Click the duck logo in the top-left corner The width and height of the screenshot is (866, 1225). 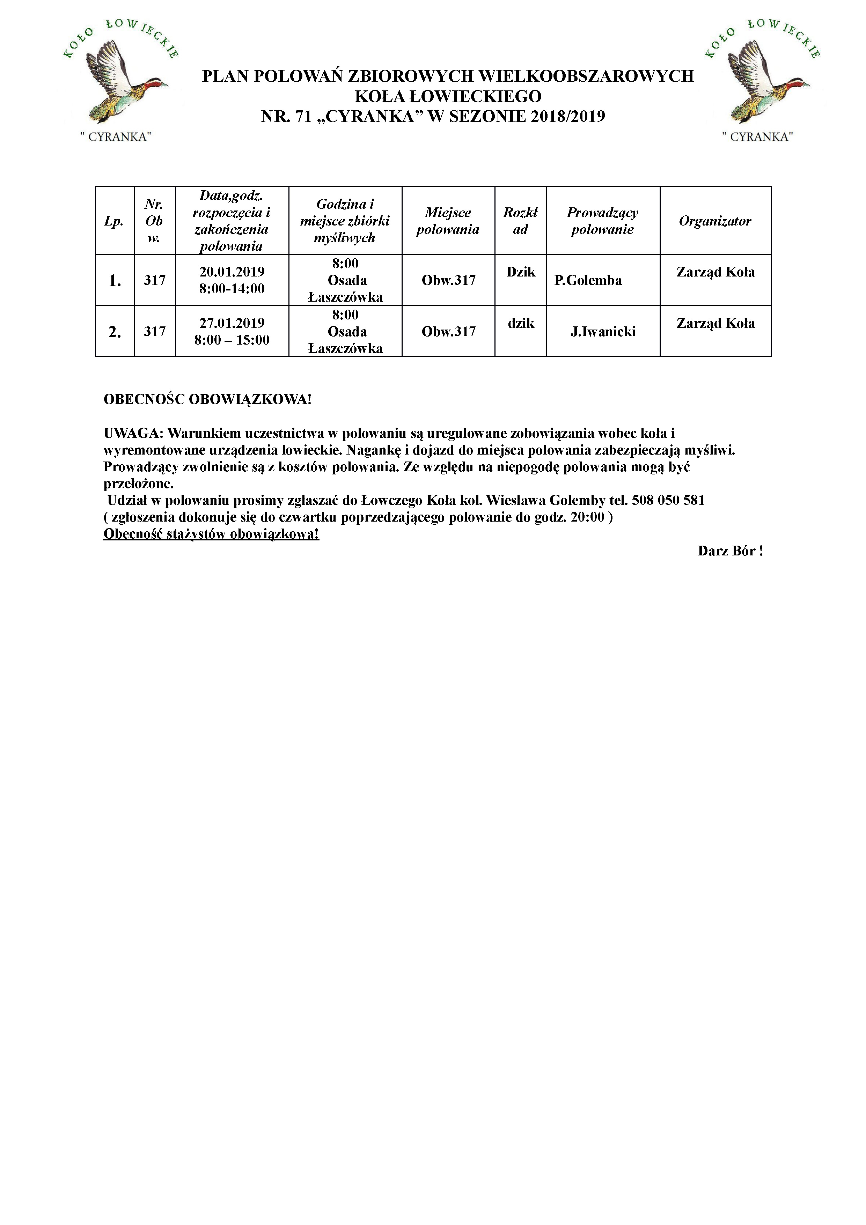click(x=120, y=80)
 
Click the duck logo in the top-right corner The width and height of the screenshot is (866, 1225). click(x=762, y=80)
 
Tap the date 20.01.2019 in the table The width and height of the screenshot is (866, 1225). click(x=232, y=272)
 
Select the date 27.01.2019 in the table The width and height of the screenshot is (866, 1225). click(x=232, y=323)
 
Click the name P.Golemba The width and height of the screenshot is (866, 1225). click(x=588, y=281)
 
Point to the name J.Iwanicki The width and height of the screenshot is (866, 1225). click(x=603, y=332)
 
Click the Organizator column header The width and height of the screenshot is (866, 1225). click(x=715, y=221)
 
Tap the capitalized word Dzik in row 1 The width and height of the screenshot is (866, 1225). click(x=521, y=272)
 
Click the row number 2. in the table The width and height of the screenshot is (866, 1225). click(x=115, y=332)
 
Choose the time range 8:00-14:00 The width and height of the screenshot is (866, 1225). click(x=232, y=289)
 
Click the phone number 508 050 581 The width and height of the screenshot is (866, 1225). click(x=668, y=501)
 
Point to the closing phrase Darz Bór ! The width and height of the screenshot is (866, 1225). click(x=730, y=551)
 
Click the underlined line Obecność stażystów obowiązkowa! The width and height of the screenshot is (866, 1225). click(x=211, y=534)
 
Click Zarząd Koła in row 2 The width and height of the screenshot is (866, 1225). click(x=715, y=323)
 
